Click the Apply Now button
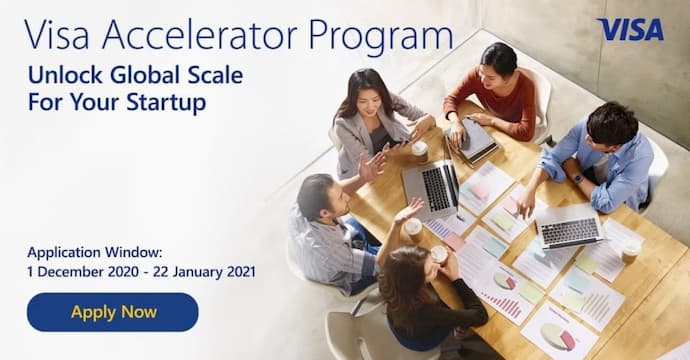[113, 312]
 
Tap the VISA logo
[630, 29]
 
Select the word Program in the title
[380, 38]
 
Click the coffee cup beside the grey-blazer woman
[419, 151]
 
